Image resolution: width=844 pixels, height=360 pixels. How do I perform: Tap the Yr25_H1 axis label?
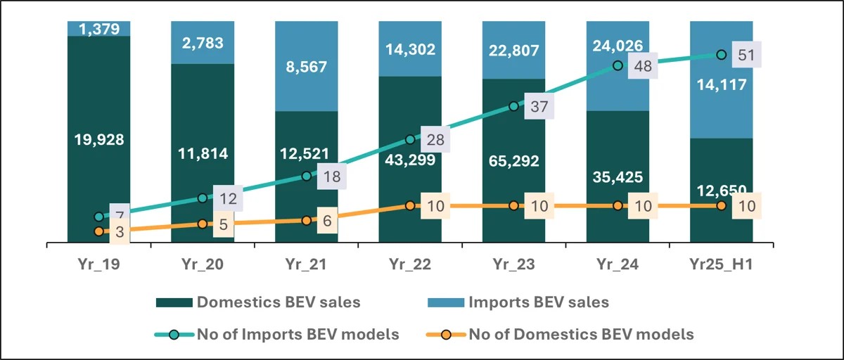coord(721,266)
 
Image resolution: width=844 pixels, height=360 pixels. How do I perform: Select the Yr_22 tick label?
coord(410,266)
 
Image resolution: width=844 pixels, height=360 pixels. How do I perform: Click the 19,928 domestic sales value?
coord(99,139)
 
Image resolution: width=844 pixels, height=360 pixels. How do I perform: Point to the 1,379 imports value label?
coord(99,28)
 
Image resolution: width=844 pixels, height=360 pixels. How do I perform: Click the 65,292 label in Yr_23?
coord(513,160)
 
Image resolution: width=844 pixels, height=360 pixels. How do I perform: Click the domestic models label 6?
coord(328,219)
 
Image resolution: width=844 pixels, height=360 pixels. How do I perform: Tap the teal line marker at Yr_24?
coord(618,65)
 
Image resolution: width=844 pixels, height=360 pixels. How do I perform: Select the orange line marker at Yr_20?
coord(202,224)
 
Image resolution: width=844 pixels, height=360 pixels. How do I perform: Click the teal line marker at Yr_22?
coord(410,140)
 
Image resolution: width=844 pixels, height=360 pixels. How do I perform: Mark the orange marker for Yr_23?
coord(513,206)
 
